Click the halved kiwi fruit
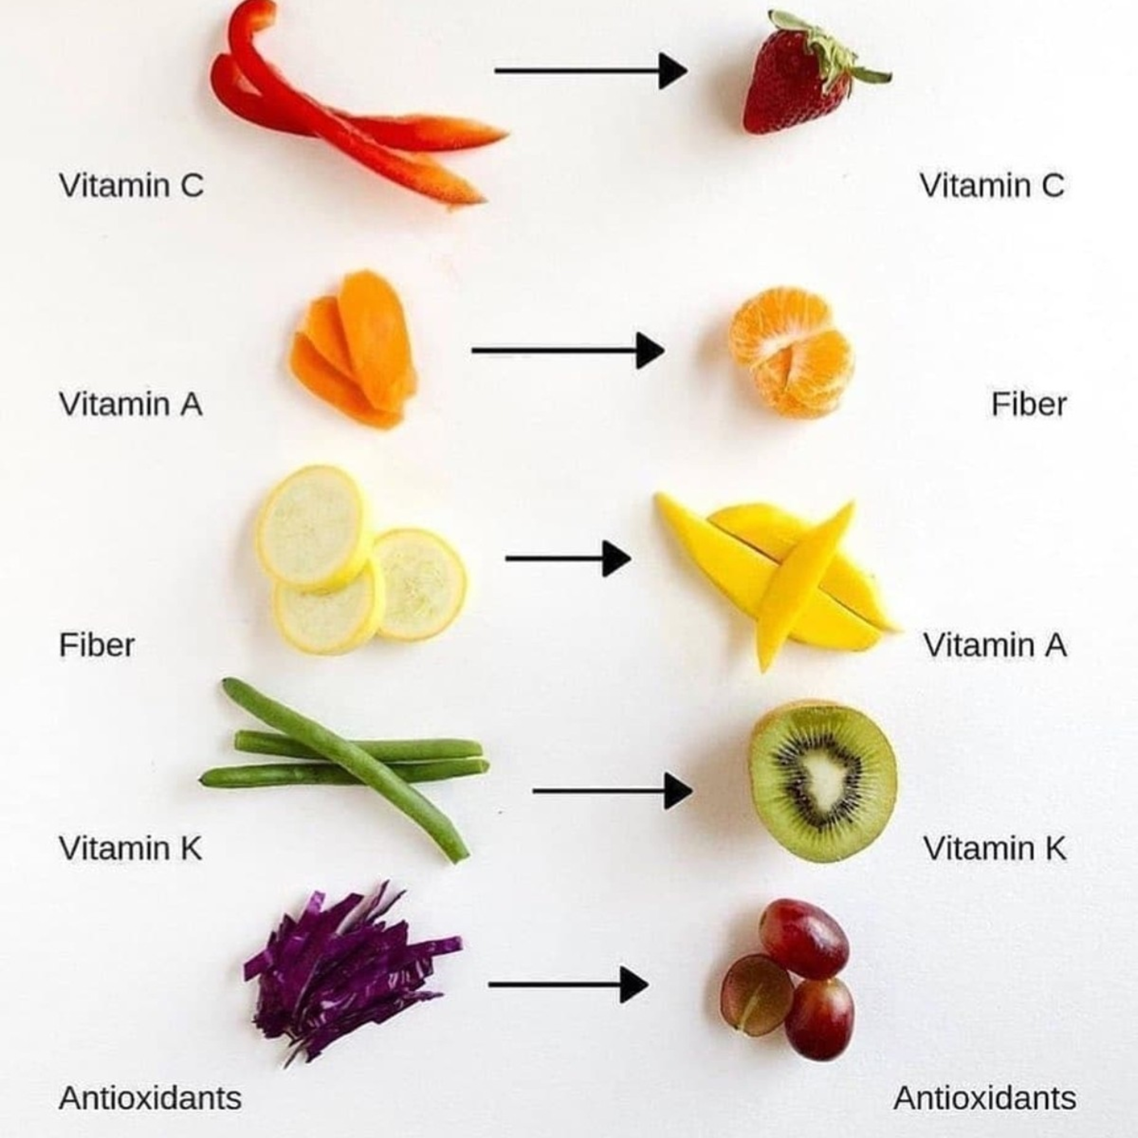[x=823, y=782]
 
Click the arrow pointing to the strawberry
[x=591, y=71]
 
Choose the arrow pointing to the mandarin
[x=568, y=351]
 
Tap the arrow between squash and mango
[x=568, y=558]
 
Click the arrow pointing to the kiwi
[x=613, y=791]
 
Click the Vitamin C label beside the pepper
[x=131, y=185]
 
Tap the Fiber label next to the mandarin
[x=1028, y=405]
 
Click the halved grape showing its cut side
[x=757, y=995]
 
